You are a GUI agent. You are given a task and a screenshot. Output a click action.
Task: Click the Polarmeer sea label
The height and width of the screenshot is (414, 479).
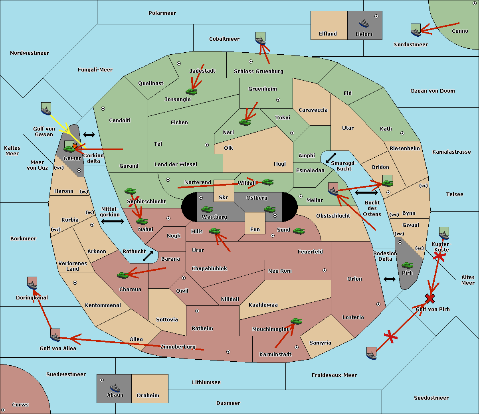click(162, 13)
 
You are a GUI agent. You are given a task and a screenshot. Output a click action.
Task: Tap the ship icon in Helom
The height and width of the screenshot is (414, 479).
click(364, 23)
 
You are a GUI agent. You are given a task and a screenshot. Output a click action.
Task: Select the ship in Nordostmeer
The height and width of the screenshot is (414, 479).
click(416, 30)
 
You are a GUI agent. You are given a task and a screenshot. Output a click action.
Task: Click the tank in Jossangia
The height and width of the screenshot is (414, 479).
click(192, 91)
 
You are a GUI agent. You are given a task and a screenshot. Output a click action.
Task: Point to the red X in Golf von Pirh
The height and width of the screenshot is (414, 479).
click(430, 298)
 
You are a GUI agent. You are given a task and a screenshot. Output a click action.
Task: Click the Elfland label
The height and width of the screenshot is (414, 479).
click(328, 34)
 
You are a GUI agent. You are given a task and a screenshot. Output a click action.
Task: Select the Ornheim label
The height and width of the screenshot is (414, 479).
click(148, 396)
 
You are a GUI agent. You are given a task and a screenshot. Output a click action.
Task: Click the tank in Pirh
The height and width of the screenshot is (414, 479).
click(407, 265)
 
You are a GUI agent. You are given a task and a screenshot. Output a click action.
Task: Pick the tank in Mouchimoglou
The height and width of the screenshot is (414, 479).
click(296, 321)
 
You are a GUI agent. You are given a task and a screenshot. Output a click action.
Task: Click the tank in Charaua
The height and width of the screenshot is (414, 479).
click(123, 275)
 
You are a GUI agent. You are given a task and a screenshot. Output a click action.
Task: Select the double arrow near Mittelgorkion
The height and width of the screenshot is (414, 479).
click(113, 221)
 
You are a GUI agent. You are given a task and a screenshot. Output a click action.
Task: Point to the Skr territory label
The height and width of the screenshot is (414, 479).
click(223, 198)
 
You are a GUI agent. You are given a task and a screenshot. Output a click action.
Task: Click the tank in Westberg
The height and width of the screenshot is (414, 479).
click(207, 209)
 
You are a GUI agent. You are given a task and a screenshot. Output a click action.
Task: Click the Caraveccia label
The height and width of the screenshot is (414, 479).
click(313, 110)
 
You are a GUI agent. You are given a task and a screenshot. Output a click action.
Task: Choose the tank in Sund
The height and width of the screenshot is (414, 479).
click(299, 231)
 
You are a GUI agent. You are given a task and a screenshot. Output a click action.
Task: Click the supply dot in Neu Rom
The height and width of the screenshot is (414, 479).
click(325, 270)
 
